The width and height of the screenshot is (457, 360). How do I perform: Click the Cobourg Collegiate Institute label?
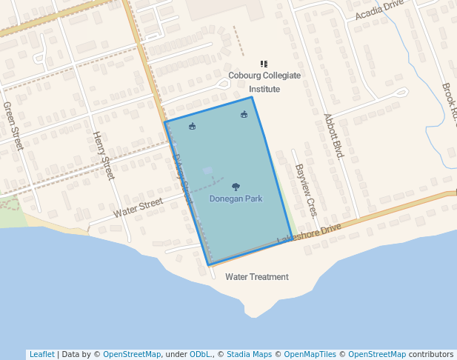pyautogui.click(x=264, y=81)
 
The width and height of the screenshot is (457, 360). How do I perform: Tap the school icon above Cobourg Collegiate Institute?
pyautogui.click(x=264, y=64)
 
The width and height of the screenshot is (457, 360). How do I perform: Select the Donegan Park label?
pyautogui.click(x=236, y=199)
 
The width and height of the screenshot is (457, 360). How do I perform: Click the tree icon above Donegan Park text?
pyautogui.click(x=236, y=187)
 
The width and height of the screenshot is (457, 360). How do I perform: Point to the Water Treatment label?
pyautogui.click(x=256, y=277)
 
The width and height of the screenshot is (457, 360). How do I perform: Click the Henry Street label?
pyautogui.click(x=103, y=156)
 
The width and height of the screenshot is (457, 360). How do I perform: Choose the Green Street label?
pyautogui.click(x=14, y=125)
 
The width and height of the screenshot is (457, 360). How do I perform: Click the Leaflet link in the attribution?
pyautogui.click(x=41, y=354)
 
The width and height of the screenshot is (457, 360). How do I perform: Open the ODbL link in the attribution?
pyautogui.click(x=201, y=354)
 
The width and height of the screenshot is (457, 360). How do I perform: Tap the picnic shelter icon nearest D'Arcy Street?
pyautogui.click(x=193, y=126)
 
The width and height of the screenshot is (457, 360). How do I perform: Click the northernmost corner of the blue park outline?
pyautogui.click(x=252, y=97)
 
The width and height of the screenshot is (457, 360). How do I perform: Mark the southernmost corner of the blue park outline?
pyautogui.click(x=209, y=264)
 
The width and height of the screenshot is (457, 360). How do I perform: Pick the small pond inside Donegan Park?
pyautogui.click(x=207, y=170)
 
